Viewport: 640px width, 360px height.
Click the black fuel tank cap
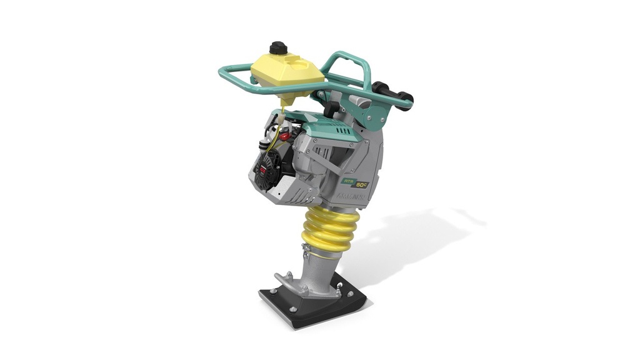[278, 48]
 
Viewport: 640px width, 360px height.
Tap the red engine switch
[285, 136]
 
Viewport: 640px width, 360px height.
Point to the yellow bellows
[331, 229]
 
